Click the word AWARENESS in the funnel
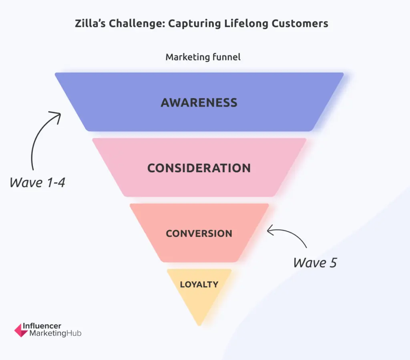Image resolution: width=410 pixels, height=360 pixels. (199, 103)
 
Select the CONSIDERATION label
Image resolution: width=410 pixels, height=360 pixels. (199, 168)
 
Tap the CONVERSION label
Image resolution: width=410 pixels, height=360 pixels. (199, 233)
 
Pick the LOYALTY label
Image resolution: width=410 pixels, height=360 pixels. (199, 285)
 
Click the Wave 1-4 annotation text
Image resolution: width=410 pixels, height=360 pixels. (37, 183)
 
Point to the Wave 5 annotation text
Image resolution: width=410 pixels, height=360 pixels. (315, 263)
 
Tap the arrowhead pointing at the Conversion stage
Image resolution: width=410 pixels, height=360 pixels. (270, 230)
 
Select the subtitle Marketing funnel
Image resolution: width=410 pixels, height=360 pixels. (203, 57)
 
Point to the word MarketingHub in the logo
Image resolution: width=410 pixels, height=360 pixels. (55, 334)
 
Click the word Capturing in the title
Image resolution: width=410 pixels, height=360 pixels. (194, 24)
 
